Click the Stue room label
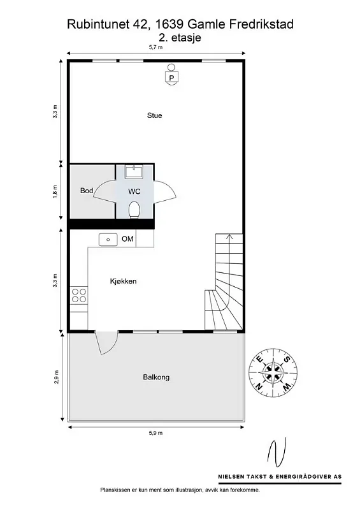click(154, 115)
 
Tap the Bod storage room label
click(87, 191)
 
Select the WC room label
click(134, 191)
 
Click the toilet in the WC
click(134, 210)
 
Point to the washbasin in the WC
click(134, 171)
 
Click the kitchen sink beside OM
click(108, 240)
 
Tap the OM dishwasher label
click(127, 239)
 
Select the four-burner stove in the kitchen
click(79, 295)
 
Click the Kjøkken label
click(123, 281)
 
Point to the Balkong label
click(156, 377)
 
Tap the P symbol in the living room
click(171, 77)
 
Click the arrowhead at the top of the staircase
click(229, 236)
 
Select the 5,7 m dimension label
click(155, 47)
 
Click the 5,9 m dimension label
click(155, 433)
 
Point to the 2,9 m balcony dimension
click(56, 377)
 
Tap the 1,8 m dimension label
click(55, 192)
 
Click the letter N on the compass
click(259, 386)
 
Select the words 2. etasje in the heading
click(180, 38)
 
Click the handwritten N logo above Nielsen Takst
click(277, 453)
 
